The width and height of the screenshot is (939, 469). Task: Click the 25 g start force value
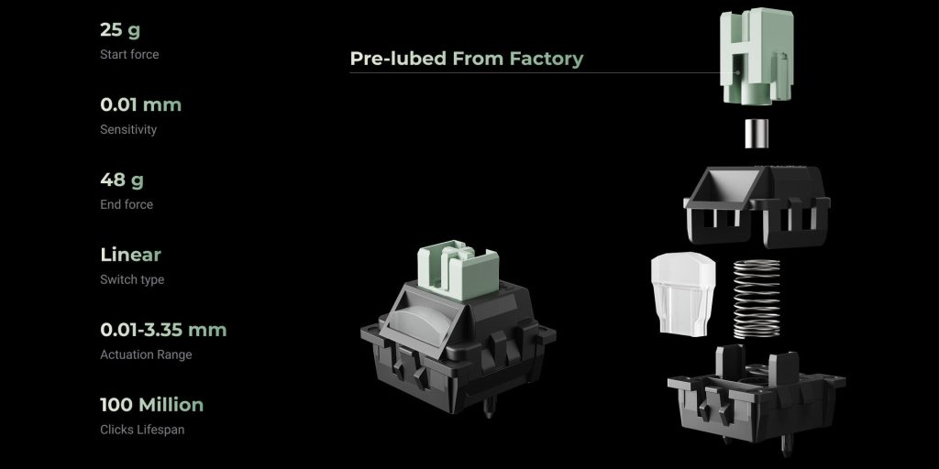[x=120, y=30]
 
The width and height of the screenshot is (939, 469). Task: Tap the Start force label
[x=129, y=54]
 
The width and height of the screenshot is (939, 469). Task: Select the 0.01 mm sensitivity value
[x=140, y=104]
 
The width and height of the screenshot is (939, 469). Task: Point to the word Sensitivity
[x=128, y=130]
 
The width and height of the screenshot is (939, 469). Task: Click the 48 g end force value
[x=122, y=180]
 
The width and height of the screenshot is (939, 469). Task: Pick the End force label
[x=127, y=204]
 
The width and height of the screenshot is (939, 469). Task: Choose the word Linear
[x=130, y=255]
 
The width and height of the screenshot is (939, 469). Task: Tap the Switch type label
[x=132, y=280]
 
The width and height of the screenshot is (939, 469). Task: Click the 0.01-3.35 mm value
[x=163, y=330]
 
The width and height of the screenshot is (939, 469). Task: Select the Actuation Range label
[x=146, y=354]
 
